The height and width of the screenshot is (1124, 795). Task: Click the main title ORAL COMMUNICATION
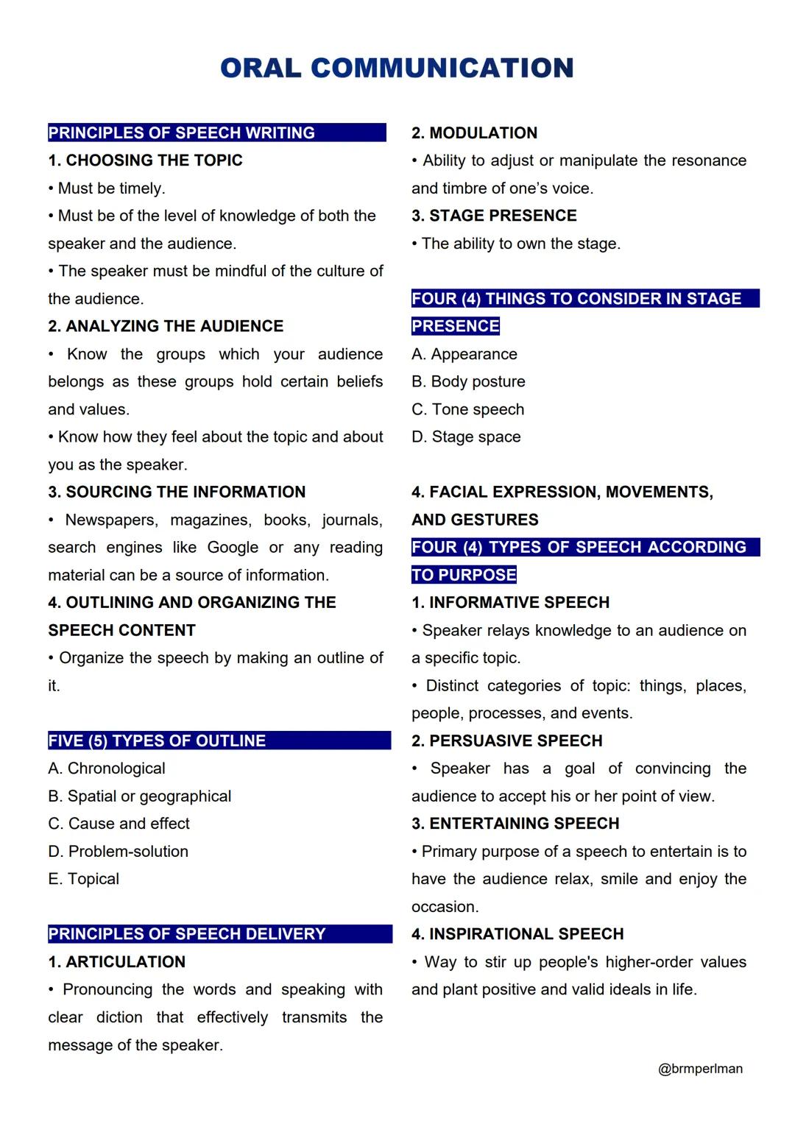(397, 68)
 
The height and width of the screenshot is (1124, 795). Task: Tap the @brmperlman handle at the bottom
(700, 1069)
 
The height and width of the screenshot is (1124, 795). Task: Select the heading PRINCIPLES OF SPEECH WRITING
(182, 133)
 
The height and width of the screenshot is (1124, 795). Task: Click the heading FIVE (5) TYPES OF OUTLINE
(157, 741)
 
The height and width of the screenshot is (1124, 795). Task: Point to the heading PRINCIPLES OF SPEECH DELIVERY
(187, 934)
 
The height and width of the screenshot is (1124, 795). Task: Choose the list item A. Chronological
(107, 768)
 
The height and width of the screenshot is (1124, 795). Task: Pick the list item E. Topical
(84, 879)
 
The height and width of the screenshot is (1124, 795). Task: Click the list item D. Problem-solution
(119, 852)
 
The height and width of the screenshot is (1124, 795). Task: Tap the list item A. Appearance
(464, 354)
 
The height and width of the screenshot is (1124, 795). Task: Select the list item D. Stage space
(466, 437)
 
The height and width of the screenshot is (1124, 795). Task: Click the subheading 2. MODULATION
(475, 133)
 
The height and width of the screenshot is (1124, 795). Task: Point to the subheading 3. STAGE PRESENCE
(494, 216)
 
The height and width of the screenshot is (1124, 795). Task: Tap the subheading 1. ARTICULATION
(117, 962)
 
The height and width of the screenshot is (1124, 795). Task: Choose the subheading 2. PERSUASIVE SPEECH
(507, 741)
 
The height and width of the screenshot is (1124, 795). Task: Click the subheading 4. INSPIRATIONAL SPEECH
(517, 934)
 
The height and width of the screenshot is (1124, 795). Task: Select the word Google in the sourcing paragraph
(233, 548)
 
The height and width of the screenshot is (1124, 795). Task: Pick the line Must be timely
(111, 188)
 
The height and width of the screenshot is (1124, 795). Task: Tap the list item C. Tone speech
(468, 409)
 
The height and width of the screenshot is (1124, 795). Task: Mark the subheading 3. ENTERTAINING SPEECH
(515, 824)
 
